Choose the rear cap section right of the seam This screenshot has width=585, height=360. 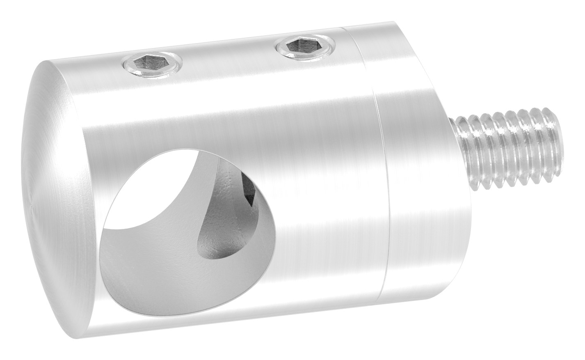(414, 164)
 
